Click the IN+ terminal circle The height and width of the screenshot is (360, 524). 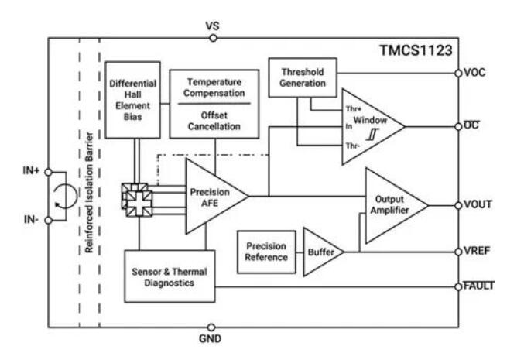49,171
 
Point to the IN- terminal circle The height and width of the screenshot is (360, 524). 49,219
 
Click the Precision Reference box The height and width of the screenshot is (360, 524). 262,252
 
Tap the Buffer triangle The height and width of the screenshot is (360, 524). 320,252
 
